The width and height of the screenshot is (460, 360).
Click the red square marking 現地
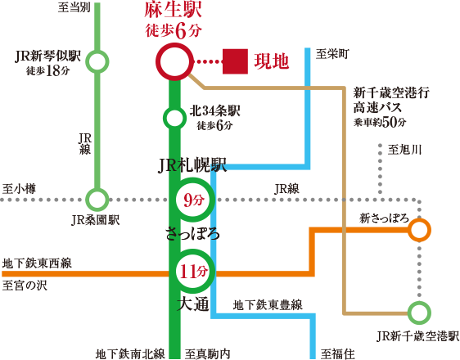pyautogui.click(x=235, y=61)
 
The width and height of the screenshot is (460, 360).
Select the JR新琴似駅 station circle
pyautogui.click(x=97, y=52)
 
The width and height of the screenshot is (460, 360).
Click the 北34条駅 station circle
pyautogui.click(x=174, y=109)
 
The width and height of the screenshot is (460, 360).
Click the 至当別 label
pyautogui.click(x=74, y=7)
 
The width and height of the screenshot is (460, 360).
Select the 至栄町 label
pyautogui.click(x=332, y=54)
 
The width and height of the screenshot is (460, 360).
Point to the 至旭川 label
pyautogui.click(x=404, y=150)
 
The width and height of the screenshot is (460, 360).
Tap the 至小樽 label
pyautogui.click(x=19, y=189)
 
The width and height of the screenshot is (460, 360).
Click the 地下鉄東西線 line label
pyautogui.click(x=37, y=263)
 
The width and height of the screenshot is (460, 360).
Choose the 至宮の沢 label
pyautogui.click(x=25, y=286)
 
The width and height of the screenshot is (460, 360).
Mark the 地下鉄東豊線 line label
pyautogui.click(x=268, y=305)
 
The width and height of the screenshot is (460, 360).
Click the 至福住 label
pyautogui.click(x=337, y=353)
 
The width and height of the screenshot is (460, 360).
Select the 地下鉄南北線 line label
pyautogui.click(x=130, y=353)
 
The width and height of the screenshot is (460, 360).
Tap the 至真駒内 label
pyautogui.click(x=207, y=353)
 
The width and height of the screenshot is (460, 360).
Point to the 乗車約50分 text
pyautogui.click(x=380, y=122)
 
